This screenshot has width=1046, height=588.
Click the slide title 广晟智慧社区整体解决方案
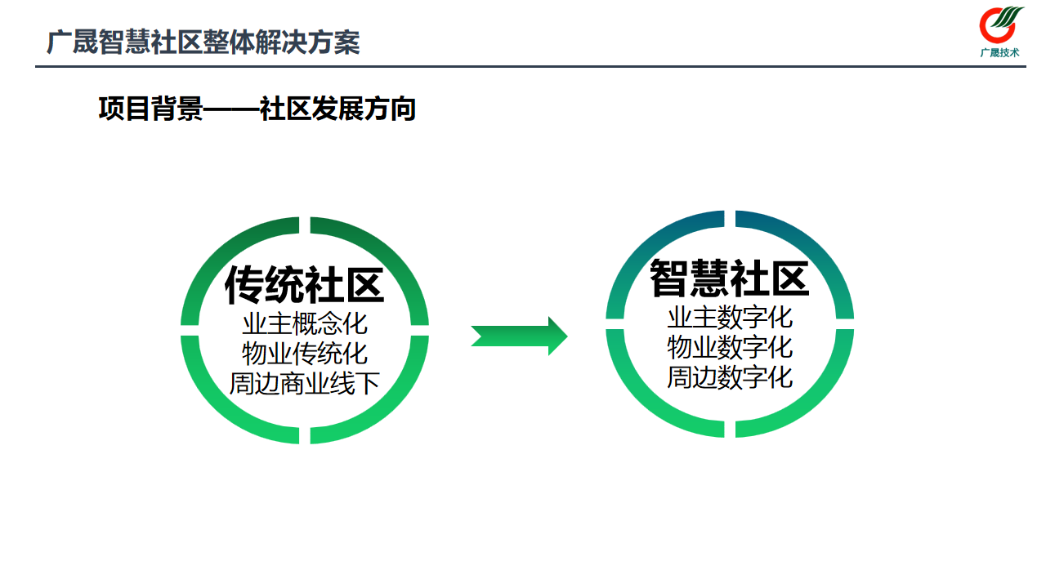tap(203, 42)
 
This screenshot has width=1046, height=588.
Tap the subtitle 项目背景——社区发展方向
tap(257, 109)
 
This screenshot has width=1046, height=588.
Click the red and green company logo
tap(1001, 25)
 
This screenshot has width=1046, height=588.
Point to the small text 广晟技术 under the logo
tap(1000, 53)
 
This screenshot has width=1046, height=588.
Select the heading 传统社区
tap(304, 284)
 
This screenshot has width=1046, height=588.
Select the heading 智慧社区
tap(729, 278)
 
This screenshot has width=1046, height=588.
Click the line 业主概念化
tap(304, 323)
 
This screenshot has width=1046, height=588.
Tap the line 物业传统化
tap(304, 354)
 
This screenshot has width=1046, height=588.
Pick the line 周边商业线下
tap(304, 383)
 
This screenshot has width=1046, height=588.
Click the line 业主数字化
tap(730, 317)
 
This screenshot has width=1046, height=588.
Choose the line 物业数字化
tap(730, 347)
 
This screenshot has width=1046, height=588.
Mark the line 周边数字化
tap(730, 377)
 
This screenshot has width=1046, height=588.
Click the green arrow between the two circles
tap(519, 336)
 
